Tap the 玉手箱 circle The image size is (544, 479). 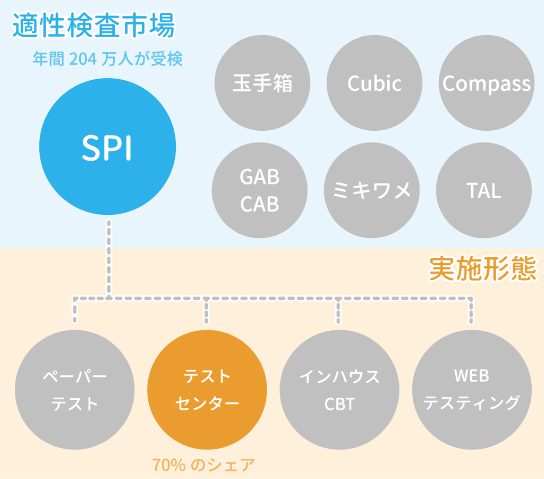(x=262, y=83)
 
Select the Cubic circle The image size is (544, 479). (x=374, y=83)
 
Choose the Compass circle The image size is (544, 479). (x=486, y=83)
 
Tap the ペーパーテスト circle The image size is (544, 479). (x=75, y=390)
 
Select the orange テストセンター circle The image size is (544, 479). (x=207, y=390)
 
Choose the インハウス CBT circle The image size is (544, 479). (x=339, y=390)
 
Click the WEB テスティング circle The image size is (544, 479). (x=471, y=390)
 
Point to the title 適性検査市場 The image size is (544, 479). (x=93, y=27)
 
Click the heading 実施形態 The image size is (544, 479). (x=482, y=270)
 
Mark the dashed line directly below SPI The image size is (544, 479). (x=108, y=255)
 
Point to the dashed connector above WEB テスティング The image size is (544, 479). (x=471, y=311)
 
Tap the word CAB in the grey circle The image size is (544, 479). (x=260, y=204)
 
